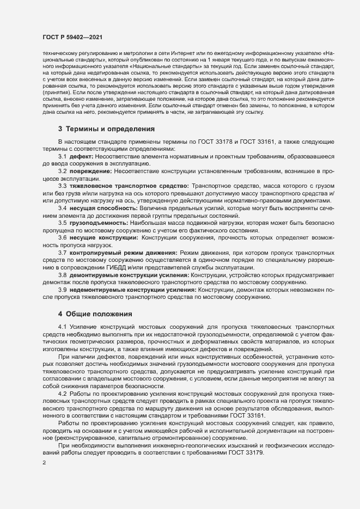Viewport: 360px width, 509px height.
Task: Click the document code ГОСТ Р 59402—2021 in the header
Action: click(x=71, y=37)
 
